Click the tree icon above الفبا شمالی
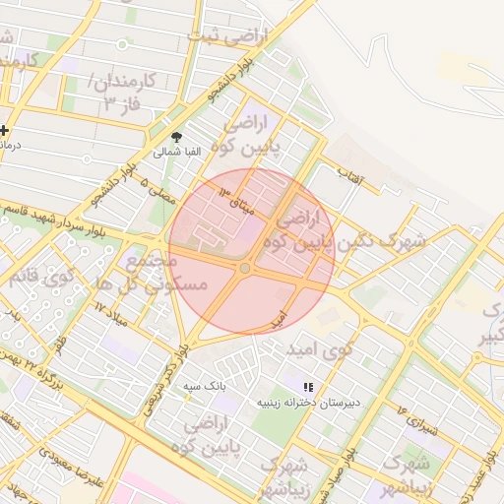[177, 137]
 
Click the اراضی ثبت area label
[232, 38]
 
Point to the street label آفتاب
[350, 177]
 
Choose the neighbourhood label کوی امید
[318, 349]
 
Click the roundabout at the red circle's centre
[245, 268]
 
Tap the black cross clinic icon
[5, 130]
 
